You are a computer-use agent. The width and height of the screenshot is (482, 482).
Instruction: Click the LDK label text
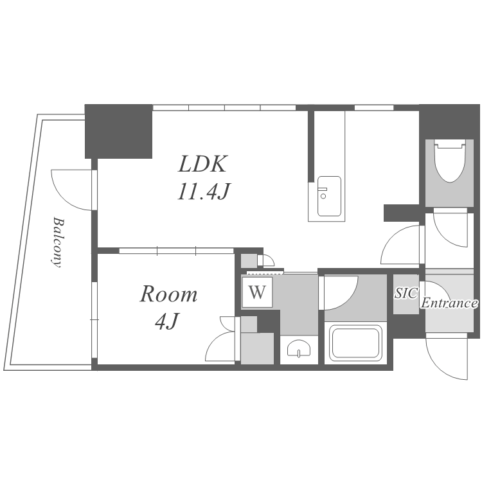pos(203,164)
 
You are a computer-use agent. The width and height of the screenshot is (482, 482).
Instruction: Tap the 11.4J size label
pos(204,192)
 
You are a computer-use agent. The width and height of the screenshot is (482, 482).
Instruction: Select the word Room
pos(168,294)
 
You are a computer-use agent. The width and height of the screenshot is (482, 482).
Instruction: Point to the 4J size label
pos(166,321)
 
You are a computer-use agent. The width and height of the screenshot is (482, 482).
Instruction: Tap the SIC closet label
pos(406,293)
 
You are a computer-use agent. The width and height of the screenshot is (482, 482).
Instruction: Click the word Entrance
pos(449,303)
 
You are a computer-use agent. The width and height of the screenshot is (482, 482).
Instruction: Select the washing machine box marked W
pos(257,292)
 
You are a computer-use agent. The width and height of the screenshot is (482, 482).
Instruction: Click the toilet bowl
pos(450,161)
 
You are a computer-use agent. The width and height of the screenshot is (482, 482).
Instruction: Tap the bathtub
pos(355,343)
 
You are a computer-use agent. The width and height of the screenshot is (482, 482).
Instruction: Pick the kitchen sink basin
pos(329,196)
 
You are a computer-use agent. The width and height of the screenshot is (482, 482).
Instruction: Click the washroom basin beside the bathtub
pos(298,348)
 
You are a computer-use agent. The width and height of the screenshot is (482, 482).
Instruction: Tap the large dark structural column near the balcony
pos(118,131)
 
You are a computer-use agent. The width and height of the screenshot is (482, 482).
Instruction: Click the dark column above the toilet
pos(449,121)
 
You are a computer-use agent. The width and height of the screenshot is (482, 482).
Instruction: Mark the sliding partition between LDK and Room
pos(177,251)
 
